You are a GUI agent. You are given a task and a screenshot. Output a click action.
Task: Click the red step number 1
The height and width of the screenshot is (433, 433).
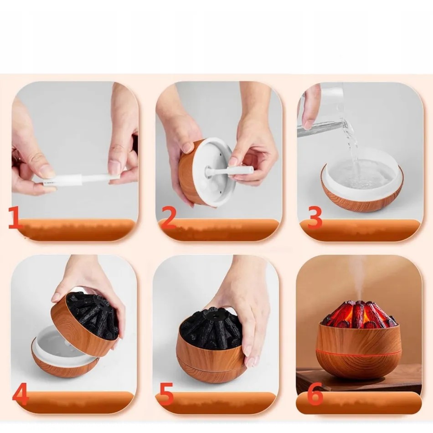click(x=15, y=218)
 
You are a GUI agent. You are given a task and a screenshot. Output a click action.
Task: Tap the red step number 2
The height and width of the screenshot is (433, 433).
click(x=168, y=218)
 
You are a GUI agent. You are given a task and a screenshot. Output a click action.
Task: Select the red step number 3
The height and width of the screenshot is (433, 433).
click(x=314, y=218)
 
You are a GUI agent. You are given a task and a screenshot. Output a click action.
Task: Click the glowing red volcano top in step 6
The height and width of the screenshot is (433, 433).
click(x=359, y=314)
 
